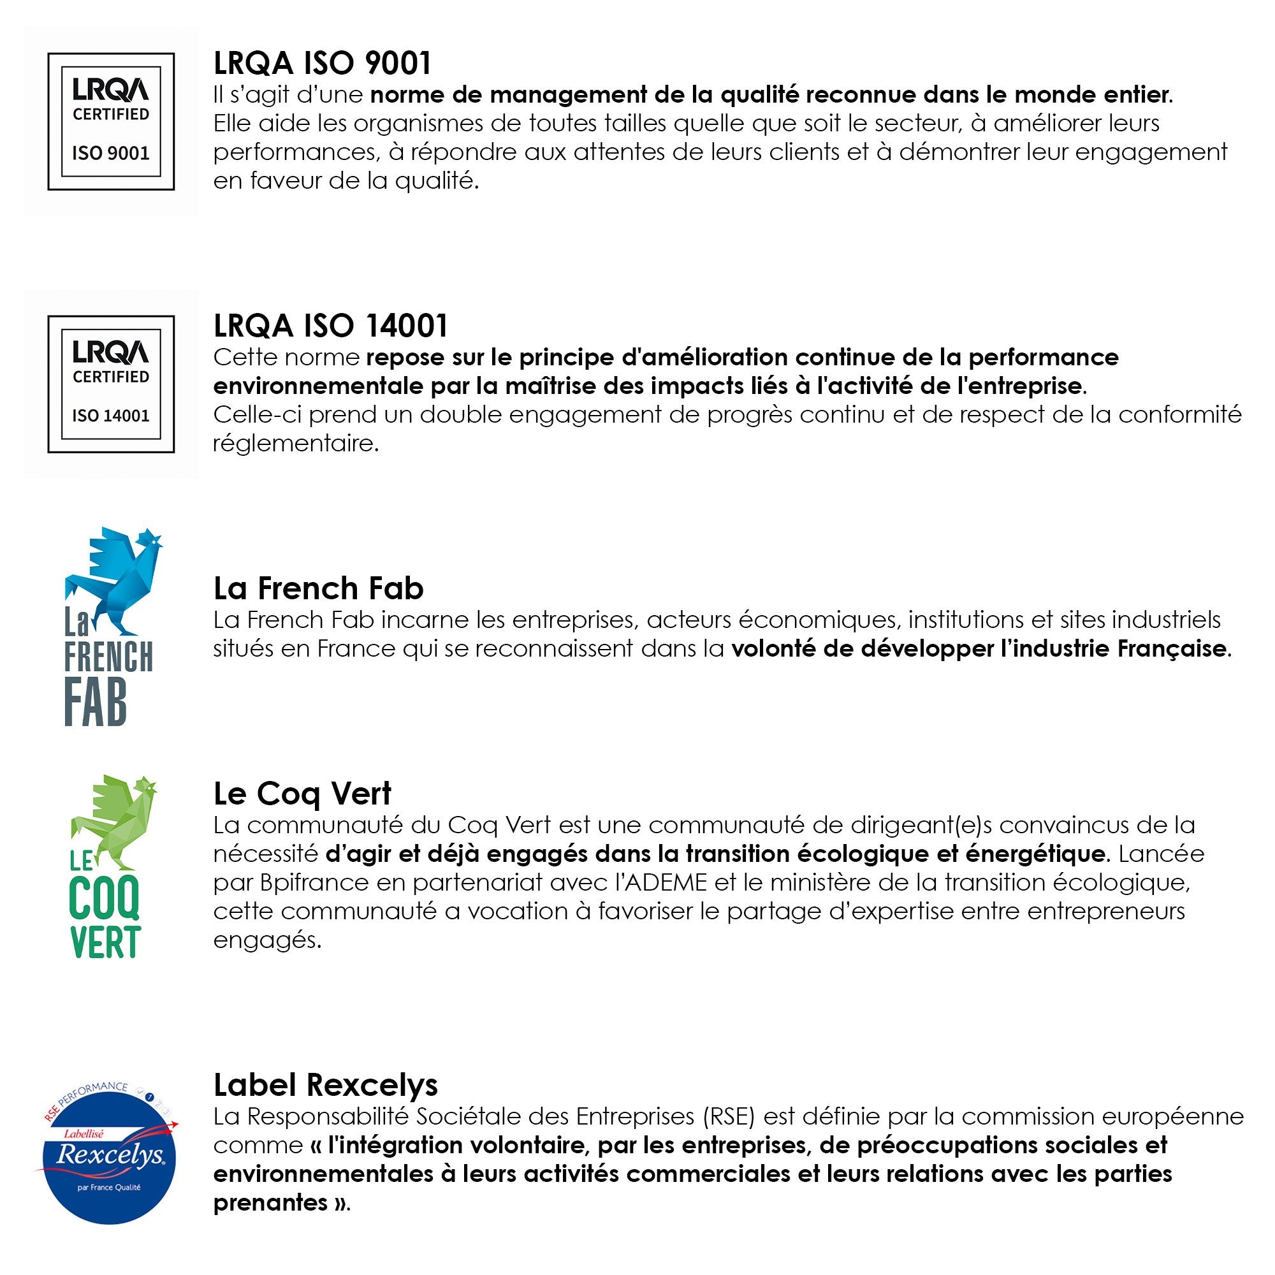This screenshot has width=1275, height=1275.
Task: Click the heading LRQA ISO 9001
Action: coord(322,63)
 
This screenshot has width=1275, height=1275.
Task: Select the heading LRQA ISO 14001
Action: coord(331,326)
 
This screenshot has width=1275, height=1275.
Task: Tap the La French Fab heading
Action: coord(318,588)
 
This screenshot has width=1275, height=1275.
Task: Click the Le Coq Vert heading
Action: coord(302,794)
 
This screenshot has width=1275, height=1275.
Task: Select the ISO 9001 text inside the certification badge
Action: coord(111,154)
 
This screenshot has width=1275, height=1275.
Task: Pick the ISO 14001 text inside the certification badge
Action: coord(111,416)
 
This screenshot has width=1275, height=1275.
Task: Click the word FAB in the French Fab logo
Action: coord(95,704)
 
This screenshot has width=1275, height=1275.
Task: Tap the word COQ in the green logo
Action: coord(105,898)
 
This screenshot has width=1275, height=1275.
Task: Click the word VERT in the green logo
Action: coord(106,942)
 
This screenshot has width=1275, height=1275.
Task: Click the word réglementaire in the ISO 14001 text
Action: coord(295,444)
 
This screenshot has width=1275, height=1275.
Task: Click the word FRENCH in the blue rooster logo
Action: coord(108,657)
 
